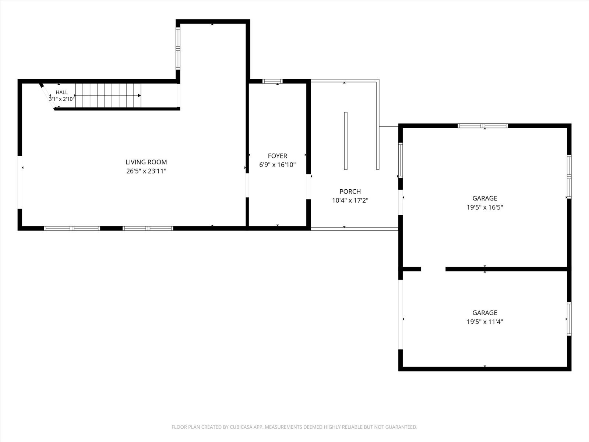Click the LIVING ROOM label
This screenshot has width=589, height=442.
pos(146,162)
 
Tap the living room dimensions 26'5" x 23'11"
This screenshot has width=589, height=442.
pos(146,171)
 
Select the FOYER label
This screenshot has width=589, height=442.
pos(278,156)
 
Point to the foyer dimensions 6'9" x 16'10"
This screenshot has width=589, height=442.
pos(278,165)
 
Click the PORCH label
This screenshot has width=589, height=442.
pos(350,192)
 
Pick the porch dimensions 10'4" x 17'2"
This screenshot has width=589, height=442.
pos(350,200)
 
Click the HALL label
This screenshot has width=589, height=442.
pos(62,92)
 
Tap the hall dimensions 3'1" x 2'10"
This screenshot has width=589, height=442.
pos(62,99)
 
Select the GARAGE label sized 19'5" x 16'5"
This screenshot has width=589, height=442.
pos(485,198)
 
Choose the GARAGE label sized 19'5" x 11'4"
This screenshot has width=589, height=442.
pos(485,313)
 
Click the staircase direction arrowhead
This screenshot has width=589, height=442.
pos(139,95)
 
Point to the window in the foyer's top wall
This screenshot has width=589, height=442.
pos(272,81)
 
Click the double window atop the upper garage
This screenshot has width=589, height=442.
pos(483,126)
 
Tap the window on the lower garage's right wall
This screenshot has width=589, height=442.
pos(569,319)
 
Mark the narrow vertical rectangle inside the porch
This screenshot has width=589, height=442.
pos(346,141)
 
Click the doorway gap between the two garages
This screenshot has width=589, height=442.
pos(433,269)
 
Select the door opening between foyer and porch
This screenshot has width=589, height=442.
pos(308,187)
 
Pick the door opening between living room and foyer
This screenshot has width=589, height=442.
pos(247,185)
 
